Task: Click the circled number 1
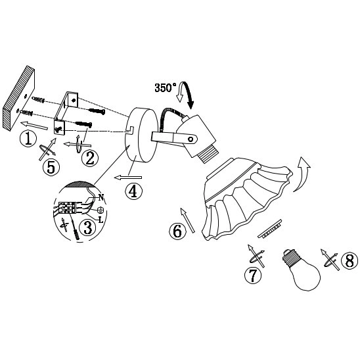28,139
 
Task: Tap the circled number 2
90,158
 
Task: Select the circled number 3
87,228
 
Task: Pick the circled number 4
133,191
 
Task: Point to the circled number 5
51,168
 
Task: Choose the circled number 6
177,231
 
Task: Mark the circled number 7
253,275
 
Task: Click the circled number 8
349,260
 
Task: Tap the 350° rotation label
166,88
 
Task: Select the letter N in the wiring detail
101,197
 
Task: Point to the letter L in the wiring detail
101,220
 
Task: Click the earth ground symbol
101,210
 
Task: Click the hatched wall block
19,99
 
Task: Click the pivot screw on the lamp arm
191,139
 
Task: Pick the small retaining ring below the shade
270,229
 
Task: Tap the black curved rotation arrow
189,95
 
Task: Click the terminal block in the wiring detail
68,208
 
